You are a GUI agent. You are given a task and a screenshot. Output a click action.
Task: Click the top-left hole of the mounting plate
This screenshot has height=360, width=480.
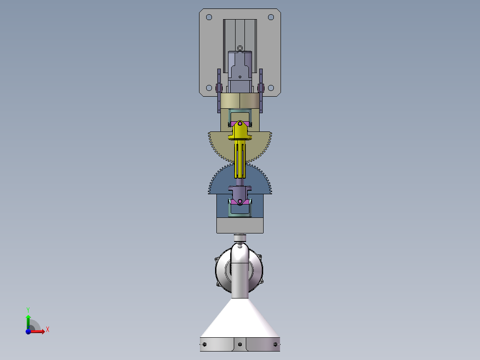click(x=209, y=17)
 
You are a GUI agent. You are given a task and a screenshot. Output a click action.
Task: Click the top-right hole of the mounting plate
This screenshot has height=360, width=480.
click(x=271, y=17)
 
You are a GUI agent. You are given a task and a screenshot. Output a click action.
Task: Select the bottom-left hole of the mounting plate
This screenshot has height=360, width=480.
click(x=209, y=88)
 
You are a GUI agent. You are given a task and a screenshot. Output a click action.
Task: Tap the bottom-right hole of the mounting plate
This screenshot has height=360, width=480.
click(x=271, y=88)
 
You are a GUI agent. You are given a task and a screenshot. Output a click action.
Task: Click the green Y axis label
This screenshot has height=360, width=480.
click(x=28, y=310)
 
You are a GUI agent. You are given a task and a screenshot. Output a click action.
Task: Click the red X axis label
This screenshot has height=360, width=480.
click(x=48, y=330)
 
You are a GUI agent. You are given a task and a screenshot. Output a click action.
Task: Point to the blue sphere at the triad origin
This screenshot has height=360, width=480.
click(x=28, y=331)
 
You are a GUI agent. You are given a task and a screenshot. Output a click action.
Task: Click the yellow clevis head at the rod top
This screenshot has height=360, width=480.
click(x=240, y=130)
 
